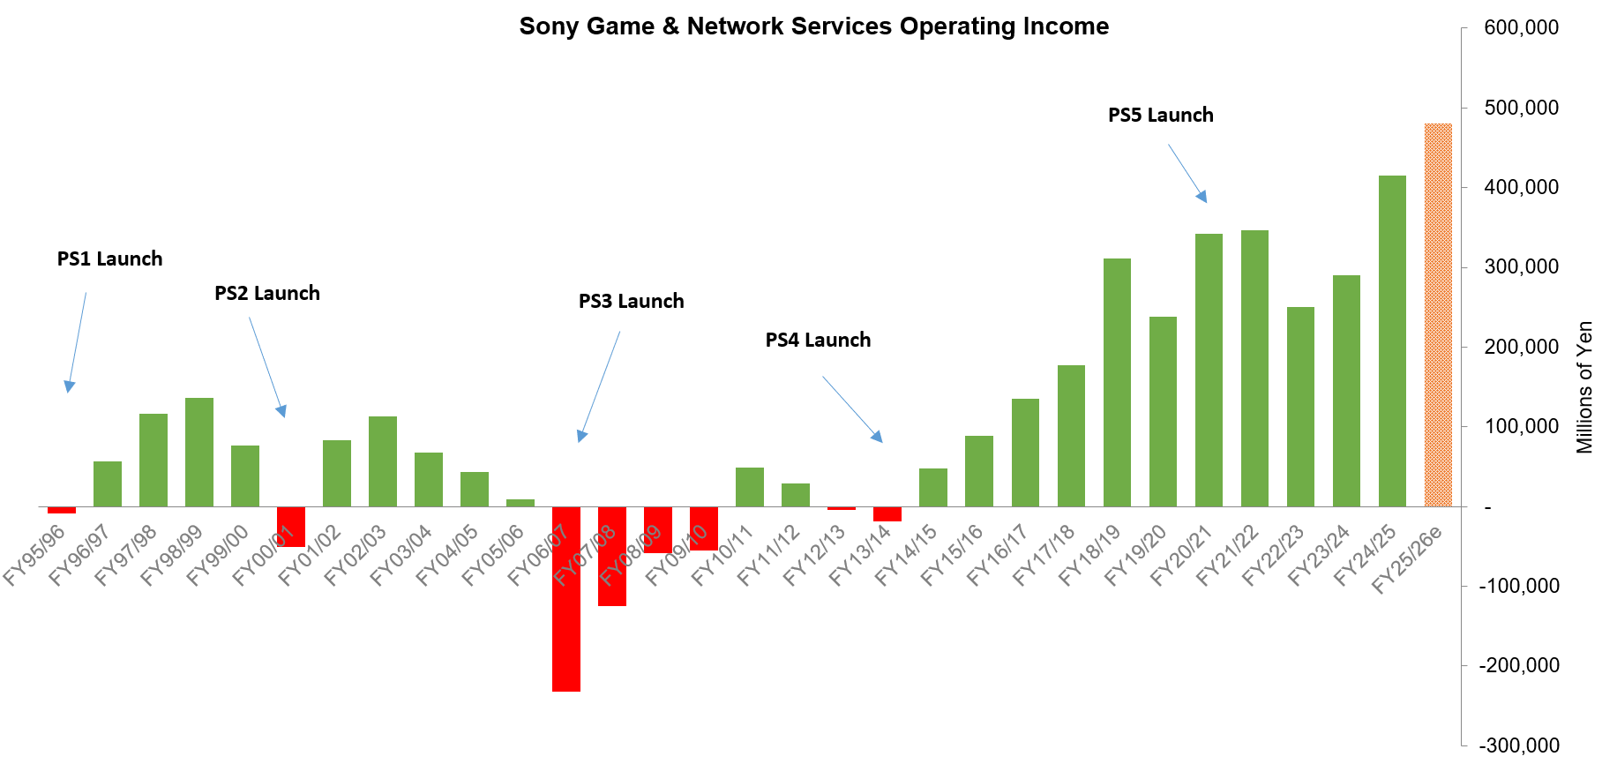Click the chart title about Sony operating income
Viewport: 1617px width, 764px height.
point(813,26)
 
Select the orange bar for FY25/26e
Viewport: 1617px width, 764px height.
point(1438,315)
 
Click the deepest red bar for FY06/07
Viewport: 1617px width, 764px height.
point(566,599)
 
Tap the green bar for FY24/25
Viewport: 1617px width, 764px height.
point(1392,341)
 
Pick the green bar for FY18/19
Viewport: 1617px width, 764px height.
point(1117,383)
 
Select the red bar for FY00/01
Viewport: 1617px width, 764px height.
point(291,527)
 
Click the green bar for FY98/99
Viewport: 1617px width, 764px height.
point(199,453)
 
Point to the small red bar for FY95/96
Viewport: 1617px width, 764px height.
point(62,510)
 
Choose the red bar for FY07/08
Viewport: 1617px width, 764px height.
point(612,557)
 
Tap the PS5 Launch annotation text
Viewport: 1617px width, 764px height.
point(1160,116)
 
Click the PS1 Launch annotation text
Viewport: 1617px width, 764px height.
point(110,259)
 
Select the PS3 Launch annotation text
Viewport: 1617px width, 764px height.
point(631,302)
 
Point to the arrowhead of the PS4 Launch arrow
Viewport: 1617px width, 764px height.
point(877,436)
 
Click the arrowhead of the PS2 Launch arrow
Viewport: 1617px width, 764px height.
point(281,411)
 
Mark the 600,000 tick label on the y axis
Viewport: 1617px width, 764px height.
point(1521,28)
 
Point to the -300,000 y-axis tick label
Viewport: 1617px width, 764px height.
point(1519,745)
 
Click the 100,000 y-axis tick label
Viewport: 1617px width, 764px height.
point(1521,427)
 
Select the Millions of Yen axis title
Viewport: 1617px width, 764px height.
point(1584,387)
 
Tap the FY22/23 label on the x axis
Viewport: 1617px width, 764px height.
point(1273,556)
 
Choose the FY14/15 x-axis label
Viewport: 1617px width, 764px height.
point(906,556)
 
